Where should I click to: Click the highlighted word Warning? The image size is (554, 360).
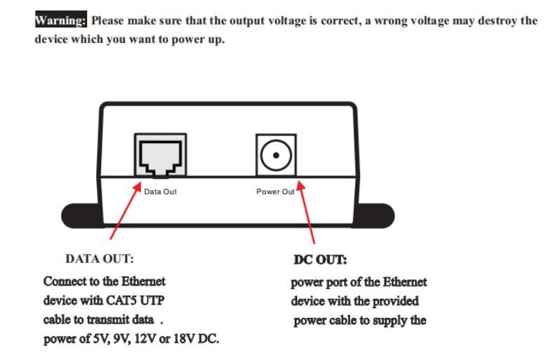(60, 20)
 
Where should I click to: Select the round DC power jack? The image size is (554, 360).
(275, 154)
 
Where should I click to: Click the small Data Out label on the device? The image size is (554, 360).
(160, 192)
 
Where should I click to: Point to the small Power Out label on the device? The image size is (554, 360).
(275, 192)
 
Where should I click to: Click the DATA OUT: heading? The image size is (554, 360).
(100, 259)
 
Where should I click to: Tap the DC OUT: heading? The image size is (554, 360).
(320, 260)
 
